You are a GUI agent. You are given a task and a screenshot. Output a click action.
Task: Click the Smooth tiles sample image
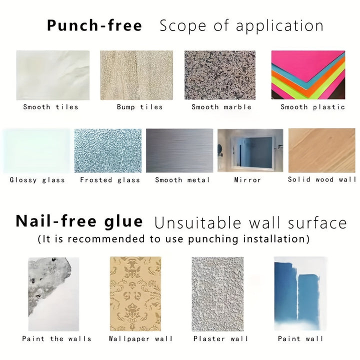click(53, 75)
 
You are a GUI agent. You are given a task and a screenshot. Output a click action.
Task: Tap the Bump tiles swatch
click(136, 75)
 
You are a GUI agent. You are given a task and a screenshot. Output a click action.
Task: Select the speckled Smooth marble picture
click(220, 75)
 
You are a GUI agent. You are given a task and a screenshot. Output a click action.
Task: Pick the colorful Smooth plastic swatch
click(308, 75)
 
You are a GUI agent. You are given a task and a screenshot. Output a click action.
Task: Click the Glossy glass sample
click(36, 150)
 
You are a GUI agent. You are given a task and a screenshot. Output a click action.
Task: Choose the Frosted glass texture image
click(108, 150)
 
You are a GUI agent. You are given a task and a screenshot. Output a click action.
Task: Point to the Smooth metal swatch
click(179, 150)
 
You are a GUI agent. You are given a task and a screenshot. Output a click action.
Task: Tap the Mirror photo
click(250, 150)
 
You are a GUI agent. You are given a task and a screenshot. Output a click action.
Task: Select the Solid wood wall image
click(322, 150)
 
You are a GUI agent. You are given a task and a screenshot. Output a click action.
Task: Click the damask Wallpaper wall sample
click(135, 294)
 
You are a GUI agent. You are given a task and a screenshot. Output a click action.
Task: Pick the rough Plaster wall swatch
click(217, 294)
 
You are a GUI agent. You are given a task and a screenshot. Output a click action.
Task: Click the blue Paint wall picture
click(300, 293)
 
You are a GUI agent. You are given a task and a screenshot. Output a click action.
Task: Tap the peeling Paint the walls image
click(53, 294)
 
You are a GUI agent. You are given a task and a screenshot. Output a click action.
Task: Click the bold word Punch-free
click(94, 25)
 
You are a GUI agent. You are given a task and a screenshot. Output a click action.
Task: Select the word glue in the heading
click(123, 222)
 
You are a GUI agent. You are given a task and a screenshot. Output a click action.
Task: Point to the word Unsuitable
click(197, 222)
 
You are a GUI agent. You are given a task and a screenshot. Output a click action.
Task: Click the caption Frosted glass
click(110, 180)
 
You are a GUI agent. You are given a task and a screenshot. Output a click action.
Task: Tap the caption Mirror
click(247, 180)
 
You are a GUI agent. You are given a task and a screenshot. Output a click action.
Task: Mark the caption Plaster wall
click(221, 338)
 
